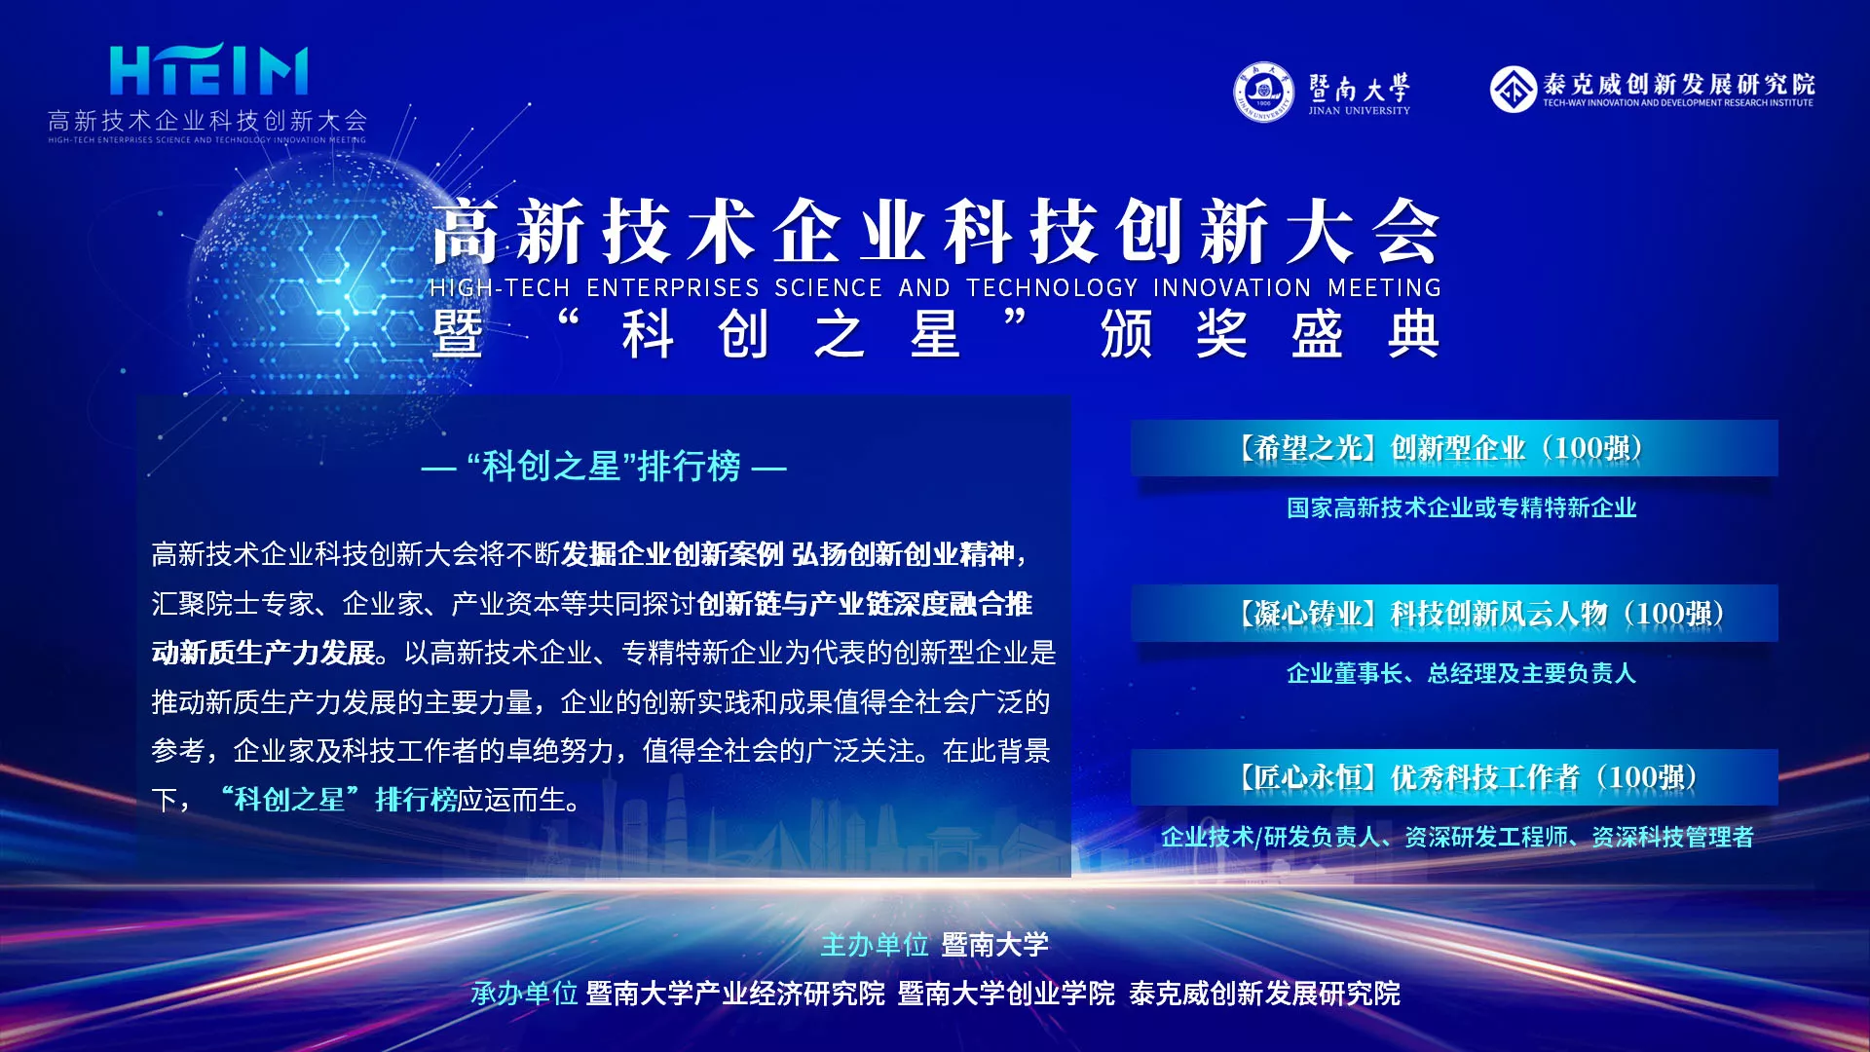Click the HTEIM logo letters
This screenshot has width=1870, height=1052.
tap(208, 70)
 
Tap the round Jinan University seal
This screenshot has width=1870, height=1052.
tap(1263, 93)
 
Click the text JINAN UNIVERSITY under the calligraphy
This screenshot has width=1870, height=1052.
tap(1359, 111)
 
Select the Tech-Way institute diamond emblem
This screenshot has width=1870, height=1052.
tap(1513, 89)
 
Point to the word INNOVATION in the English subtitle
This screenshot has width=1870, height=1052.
tap(1232, 288)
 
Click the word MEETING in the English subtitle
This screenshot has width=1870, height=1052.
tap(1384, 288)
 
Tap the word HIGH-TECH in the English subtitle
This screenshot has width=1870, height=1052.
tap(500, 288)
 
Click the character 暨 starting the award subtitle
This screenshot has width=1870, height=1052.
tap(457, 334)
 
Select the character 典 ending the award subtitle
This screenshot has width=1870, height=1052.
tap(1413, 334)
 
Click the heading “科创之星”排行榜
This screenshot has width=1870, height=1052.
tap(604, 467)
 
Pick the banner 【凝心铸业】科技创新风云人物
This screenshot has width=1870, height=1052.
tap(1454, 614)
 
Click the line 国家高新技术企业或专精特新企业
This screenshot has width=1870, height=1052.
tap(1461, 507)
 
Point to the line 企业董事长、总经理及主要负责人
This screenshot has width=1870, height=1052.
tap(1461, 673)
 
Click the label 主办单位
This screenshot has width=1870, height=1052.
tap(875, 945)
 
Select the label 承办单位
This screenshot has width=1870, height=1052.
tap(524, 994)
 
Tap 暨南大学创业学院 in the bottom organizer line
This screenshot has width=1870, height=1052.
tap(1006, 994)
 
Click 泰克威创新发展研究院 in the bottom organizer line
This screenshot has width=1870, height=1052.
tap(1264, 994)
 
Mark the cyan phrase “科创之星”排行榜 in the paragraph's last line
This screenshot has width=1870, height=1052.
tap(339, 800)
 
